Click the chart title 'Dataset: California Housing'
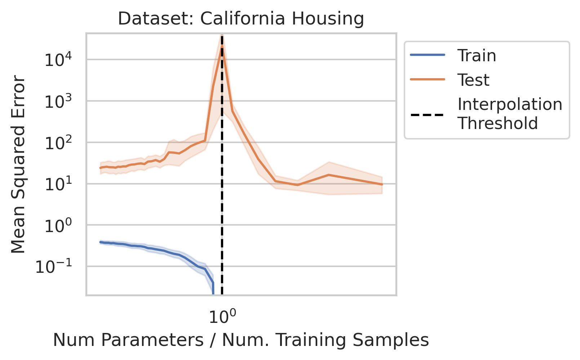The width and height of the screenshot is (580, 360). coord(241,19)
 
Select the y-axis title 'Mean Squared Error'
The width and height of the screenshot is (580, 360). coord(18,164)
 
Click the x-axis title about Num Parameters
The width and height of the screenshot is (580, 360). coord(241,340)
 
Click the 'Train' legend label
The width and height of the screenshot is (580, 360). coord(477,55)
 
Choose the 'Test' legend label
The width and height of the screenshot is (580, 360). coord(473,80)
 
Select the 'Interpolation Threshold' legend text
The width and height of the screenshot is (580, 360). coord(510,114)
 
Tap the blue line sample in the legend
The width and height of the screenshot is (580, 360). coord(428,55)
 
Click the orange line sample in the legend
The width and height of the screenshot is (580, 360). coord(428,80)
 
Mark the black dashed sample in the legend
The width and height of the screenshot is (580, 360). coord(428,115)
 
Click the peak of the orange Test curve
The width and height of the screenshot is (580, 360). coord(222,46)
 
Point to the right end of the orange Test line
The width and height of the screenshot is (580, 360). coord(382,184)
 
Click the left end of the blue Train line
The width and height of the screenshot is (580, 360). coord(100,242)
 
